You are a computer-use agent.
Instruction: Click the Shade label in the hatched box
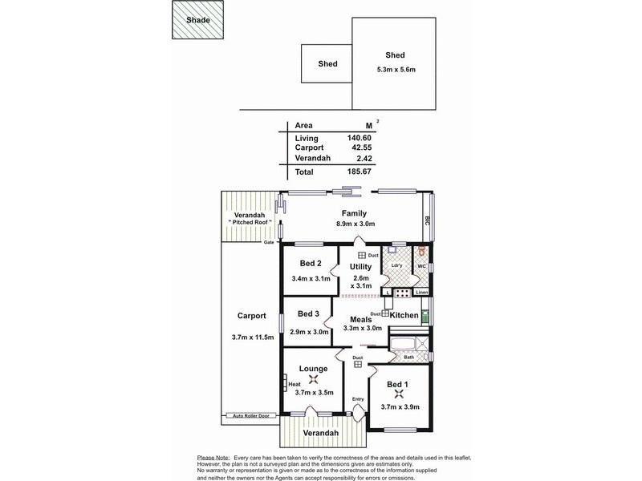click(198, 20)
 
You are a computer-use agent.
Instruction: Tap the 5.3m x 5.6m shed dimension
click(396, 70)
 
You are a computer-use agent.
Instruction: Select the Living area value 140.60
click(359, 138)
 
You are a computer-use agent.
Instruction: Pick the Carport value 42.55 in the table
click(362, 148)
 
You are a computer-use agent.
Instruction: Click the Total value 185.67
click(359, 172)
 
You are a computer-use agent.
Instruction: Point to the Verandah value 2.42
click(364, 158)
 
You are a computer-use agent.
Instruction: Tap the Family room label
click(354, 213)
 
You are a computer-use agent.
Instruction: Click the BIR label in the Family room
click(427, 221)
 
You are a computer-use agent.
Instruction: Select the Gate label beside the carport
click(269, 242)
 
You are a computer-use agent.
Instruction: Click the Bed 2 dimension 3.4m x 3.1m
click(311, 278)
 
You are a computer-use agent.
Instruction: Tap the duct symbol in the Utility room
click(362, 255)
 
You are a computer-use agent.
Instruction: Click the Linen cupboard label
click(422, 292)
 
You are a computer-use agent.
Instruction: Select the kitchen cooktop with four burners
click(402, 293)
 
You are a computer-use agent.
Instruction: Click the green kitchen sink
click(425, 317)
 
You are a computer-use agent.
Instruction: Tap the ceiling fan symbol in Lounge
click(313, 379)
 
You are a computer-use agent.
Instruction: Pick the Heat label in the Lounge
click(295, 385)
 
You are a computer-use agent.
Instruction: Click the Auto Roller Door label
click(251, 416)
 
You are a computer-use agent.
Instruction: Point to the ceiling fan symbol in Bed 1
click(399, 394)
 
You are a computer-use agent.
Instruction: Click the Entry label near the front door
click(358, 399)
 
